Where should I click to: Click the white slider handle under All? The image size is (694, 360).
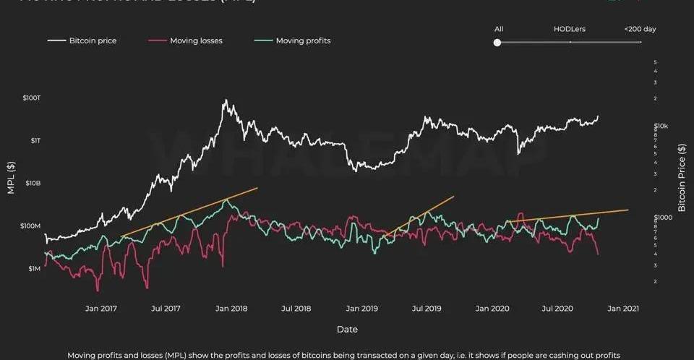[x=497, y=43]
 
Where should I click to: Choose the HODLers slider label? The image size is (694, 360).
[x=570, y=29]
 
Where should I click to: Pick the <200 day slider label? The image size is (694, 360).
[x=640, y=29]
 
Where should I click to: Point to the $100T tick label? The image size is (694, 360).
[x=31, y=98]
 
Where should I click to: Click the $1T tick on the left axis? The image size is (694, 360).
[x=35, y=140]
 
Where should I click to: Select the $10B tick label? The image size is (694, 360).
[x=33, y=183]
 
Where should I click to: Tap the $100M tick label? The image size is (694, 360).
[x=31, y=226]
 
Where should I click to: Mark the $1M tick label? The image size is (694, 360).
[x=35, y=269]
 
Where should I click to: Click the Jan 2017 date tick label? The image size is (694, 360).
[x=101, y=309]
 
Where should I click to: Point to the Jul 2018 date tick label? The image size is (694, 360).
[x=296, y=309]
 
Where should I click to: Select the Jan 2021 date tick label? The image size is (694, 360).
[x=622, y=309]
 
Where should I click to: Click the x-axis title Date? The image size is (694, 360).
[x=347, y=330]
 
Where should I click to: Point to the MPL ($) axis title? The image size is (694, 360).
[x=10, y=182]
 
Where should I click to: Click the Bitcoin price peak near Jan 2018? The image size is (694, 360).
[x=226, y=100]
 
